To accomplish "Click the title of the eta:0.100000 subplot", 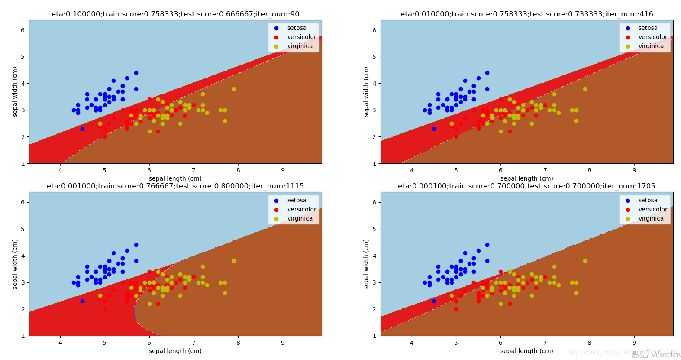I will click(175, 14).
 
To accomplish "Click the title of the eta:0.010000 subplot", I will click(526, 14).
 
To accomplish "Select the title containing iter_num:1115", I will click(175, 186).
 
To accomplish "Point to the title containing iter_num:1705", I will click(526, 186).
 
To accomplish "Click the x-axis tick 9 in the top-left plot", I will click(283, 170).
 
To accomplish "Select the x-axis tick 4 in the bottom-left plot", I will click(60, 343).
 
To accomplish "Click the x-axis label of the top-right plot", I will click(526, 178).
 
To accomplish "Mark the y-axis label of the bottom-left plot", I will click(15, 264).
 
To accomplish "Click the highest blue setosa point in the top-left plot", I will click(136, 73).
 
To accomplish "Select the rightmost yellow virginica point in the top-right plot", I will click(585, 89).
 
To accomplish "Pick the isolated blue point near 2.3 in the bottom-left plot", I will click(82, 301).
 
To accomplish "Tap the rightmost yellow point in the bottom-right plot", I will click(585, 261).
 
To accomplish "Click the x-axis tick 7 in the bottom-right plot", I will click(545, 343).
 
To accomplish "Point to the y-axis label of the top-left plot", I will click(15, 91).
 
